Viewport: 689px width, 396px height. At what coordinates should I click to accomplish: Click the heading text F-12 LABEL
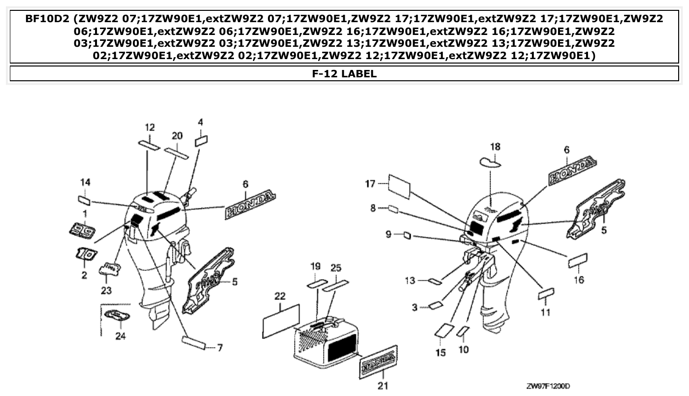click(x=344, y=74)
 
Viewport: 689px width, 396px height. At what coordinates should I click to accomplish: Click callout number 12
click(x=150, y=128)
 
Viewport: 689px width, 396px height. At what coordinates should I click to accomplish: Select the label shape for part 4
click(x=202, y=141)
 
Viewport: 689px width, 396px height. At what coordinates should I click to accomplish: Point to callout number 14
click(x=85, y=183)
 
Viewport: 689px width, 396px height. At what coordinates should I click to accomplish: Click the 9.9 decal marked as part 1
click(x=81, y=229)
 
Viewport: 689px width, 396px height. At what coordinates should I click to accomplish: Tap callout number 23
click(x=106, y=291)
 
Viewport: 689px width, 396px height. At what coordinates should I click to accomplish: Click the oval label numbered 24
click(x=118, y=316)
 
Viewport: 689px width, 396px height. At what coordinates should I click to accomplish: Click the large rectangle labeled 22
click(x=281, y=321)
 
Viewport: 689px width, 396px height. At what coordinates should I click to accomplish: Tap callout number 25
click(x=335, y=267)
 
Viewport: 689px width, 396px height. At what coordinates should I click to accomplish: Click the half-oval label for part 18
click(x=490, y=162)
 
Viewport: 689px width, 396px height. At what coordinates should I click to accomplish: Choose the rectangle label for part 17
click(x=399, y=186)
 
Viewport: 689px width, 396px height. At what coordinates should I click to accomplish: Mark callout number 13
click(x=410, y=281)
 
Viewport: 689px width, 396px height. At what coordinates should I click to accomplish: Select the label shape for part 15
click(x=443, y=330)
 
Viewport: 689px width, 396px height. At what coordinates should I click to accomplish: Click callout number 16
click(x=579, y=280)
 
